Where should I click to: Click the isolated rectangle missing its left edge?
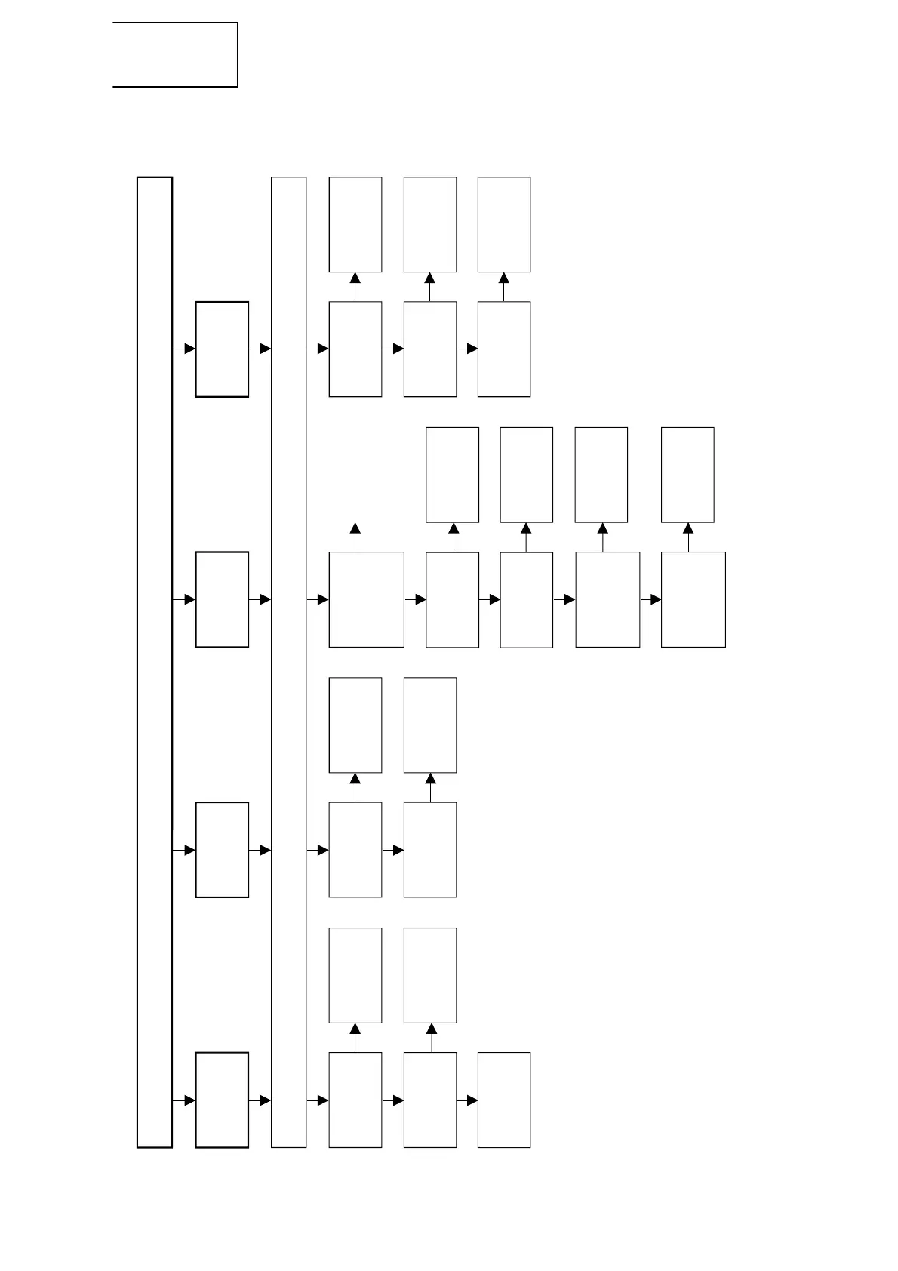point(175,54)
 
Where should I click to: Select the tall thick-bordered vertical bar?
point(155,662)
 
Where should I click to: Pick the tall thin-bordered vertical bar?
point(288,662)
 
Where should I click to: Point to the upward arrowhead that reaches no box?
point(355,528)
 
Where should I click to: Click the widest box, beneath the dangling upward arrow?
point(366,599)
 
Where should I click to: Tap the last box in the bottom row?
point(504,1100)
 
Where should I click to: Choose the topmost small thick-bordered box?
point(222,349)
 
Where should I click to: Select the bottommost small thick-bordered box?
point(222,1100)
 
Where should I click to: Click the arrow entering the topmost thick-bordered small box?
point(184,349)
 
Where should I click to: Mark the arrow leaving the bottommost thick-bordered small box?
point(260,1100)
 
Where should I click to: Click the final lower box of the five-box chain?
point(693,599)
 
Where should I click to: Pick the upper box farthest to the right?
point(687,475)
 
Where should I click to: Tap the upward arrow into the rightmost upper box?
point(688,537)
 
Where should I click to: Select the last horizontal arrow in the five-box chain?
point(650,599)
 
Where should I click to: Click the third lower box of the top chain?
point(504,349)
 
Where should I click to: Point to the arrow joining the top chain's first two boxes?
point(392,349)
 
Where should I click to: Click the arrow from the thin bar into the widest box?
point(318,599)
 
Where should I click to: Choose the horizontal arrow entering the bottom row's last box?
point(467,1100)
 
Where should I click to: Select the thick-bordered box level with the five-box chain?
point(222,599)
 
